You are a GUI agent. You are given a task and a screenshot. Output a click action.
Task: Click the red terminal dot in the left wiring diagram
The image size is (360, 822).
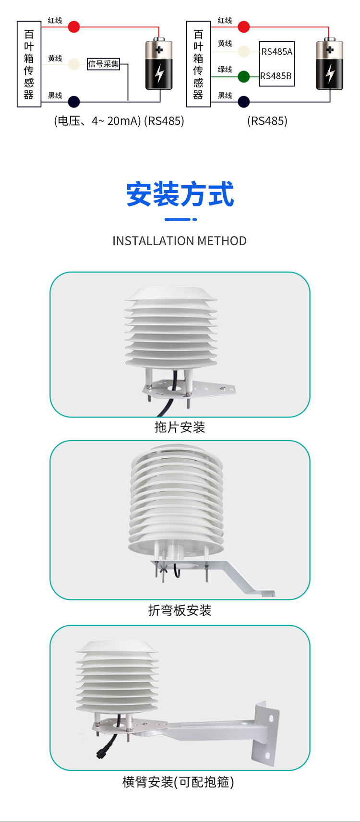coord(74,27)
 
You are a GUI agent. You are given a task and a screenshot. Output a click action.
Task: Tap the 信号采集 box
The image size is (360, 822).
coord(104,64)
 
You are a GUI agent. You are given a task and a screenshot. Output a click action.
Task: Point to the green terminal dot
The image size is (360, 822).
coord(244,77)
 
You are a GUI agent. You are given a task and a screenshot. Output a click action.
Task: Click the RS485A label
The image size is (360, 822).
coord(276,52)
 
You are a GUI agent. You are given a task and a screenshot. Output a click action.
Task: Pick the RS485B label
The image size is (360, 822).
coord(276,76)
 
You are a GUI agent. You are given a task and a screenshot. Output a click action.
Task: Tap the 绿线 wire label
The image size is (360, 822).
coord(225,70)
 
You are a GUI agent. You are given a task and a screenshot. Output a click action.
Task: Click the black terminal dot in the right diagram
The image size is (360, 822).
coord(244,102)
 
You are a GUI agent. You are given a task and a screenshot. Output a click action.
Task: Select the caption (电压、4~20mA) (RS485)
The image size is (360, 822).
coord(119,121)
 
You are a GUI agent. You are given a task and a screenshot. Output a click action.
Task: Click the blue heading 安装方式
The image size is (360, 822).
coord(180,194)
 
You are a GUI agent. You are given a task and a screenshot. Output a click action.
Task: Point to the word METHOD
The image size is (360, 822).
coord(222,241)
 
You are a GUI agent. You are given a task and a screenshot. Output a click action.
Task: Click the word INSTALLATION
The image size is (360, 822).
coord(154,241)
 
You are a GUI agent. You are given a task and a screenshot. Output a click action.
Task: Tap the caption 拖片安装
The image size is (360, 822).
coord(180,427)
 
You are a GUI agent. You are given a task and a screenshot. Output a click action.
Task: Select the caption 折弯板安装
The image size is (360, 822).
coord(180,610)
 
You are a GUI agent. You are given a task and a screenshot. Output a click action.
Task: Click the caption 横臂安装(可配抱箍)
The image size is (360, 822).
coord(179,782)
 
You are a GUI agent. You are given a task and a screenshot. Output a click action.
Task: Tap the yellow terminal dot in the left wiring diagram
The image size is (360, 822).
coord(74,64)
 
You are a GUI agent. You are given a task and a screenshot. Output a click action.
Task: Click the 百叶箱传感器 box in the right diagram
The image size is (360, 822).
coord(198,64)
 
